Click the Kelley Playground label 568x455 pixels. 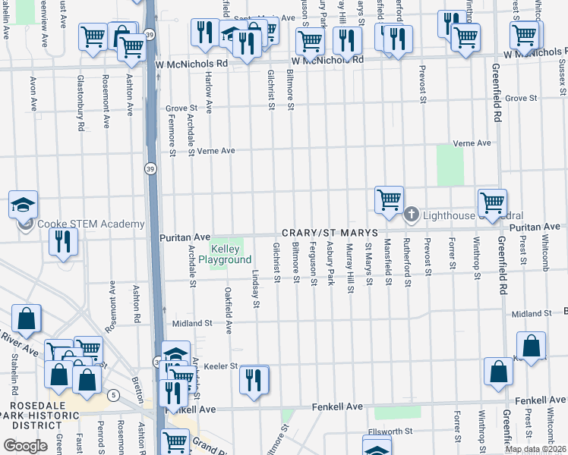[225, 254]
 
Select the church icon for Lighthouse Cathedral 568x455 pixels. [412, 215]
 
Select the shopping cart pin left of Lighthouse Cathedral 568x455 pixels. [389, 200]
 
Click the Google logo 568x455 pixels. [25, 446]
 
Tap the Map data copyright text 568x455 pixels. [534, 449]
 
